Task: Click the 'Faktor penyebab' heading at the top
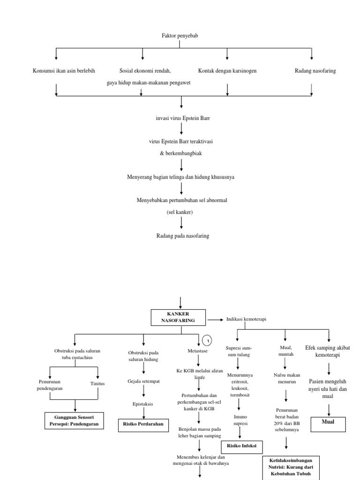click(180, 35)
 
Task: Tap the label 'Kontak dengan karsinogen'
click(227, 71)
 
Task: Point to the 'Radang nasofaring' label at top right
click(315, 71)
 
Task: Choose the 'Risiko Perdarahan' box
click(143, 424)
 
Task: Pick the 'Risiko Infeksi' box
click(241, 446)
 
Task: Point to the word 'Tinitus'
click(97, 383)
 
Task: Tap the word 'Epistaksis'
click(143, 403)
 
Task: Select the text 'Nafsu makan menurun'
click(286, 378)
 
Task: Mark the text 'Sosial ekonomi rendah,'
click(145, 71)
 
